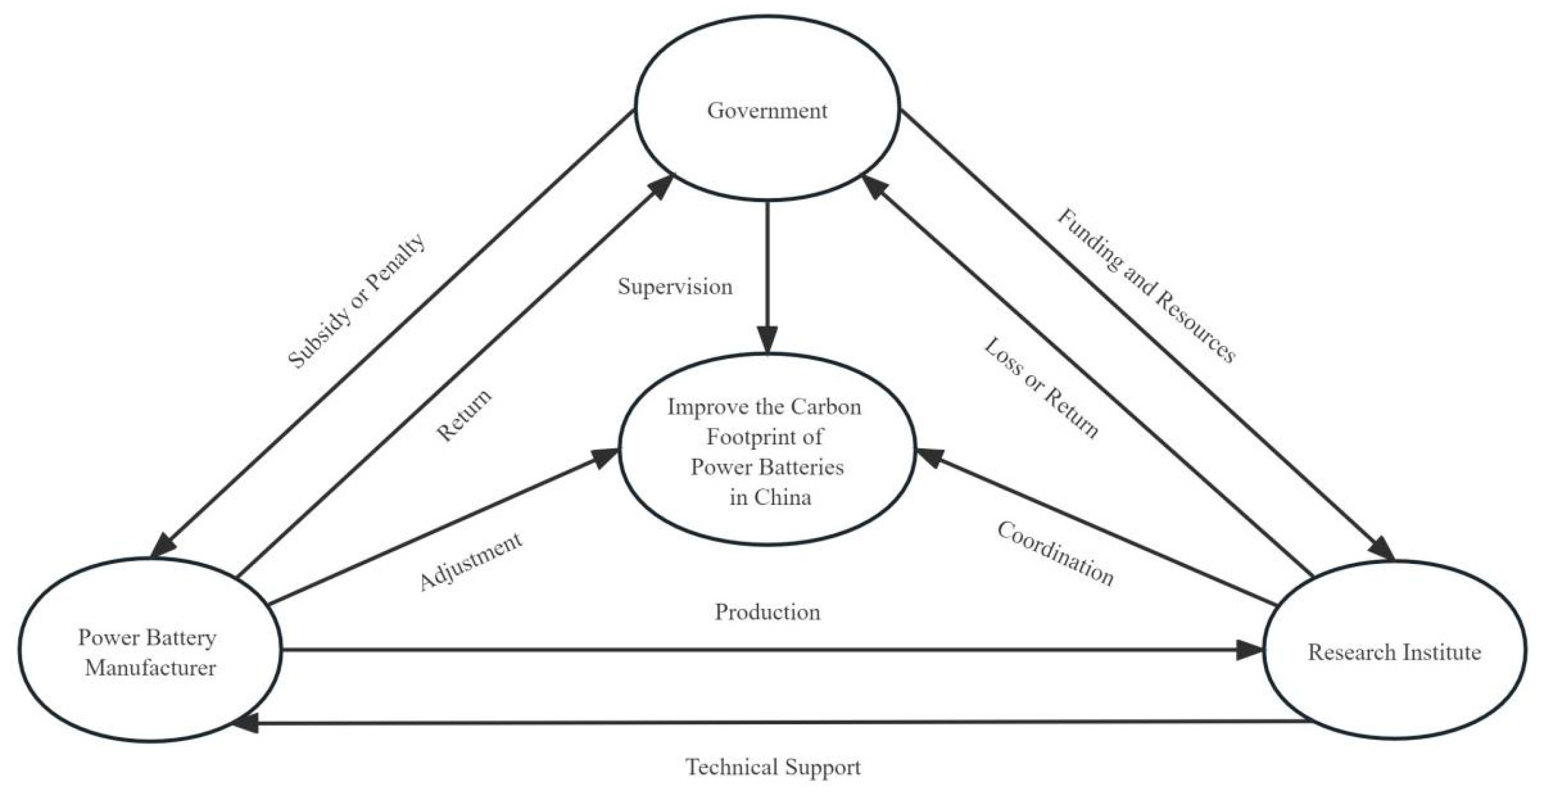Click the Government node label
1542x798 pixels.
pos(767,111)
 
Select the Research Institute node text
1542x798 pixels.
pos(1394,652)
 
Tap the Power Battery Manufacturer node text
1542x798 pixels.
pos(148,652)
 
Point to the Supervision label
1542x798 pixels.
pos(675,287)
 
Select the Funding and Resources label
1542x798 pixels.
pos(1146,286)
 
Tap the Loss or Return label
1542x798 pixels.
pos(1041,388)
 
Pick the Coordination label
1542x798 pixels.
pos(1054,554)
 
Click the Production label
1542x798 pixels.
pos(768,612)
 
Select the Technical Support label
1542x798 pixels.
pos(773,767)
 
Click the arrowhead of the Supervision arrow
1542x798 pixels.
pos(768,339)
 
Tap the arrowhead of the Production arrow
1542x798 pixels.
pos(1249,650)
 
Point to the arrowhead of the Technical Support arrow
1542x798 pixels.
pos(245,723)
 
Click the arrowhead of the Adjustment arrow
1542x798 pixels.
pos(605,457)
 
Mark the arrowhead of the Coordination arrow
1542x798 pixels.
pos(930,458)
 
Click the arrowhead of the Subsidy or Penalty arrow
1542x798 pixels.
pos(163,546)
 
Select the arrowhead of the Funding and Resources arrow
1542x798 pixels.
pos(1383,549)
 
